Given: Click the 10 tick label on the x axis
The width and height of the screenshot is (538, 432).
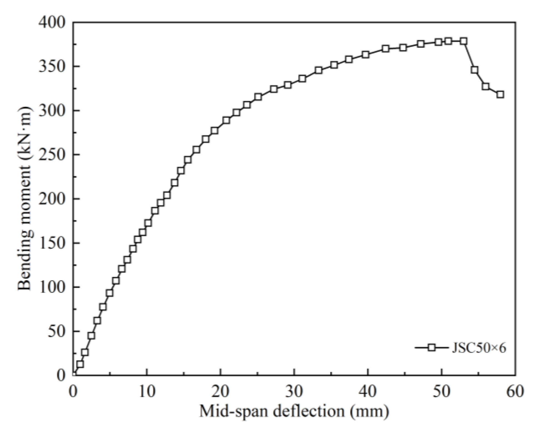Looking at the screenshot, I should pyautogui.click(x=147, y=391).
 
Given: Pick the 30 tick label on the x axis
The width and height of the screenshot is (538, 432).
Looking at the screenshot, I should pyautogui.click(x=294, y=391).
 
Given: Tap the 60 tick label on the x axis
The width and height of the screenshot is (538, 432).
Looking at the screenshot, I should pyautogui.click(x=515, y=391).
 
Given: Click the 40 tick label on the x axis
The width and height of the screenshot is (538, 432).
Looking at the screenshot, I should pyautogui.click(x=368, y=391).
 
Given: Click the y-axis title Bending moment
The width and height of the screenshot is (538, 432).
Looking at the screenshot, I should pyautogui.click(x=25, y=198).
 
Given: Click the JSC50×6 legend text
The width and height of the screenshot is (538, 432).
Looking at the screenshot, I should pyautogui.click(x=478, y=348).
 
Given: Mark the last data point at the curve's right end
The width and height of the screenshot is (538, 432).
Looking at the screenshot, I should pyautogui.click(x=500, y=94).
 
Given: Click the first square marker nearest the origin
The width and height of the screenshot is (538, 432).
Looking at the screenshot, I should pyautogui.click(x=80, y=364).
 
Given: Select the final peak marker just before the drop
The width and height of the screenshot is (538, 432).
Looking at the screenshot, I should pyautogui.click(x=463, y=41).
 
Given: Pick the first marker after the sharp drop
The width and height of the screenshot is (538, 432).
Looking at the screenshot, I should pyautogui.click(x=474, y=70).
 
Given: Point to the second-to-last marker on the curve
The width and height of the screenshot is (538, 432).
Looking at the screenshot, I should pyautogui.click(x=485, y=86).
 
